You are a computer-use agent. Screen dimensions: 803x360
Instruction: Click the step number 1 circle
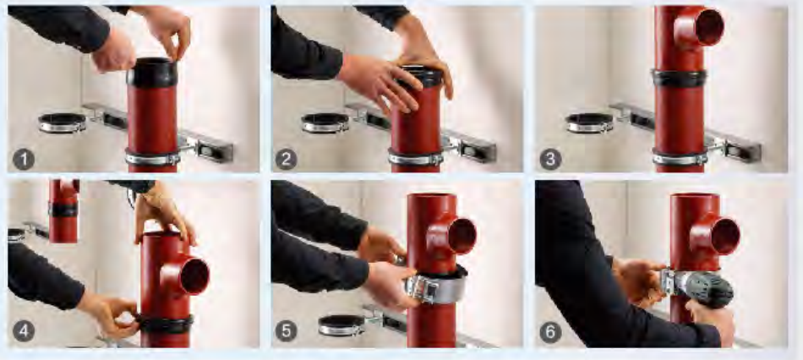[24, 159]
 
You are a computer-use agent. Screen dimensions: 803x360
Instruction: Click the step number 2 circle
[287, 159]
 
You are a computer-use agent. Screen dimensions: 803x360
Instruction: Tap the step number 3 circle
[550, 159]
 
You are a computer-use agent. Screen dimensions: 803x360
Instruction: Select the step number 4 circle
[24, 330]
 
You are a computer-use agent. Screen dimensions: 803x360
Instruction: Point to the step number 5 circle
[287, 330]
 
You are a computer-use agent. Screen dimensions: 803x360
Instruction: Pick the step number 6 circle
[550, 330]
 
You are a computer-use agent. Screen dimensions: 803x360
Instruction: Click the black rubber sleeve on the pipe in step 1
[152, 72]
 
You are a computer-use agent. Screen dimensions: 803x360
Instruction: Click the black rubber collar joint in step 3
[679, 79]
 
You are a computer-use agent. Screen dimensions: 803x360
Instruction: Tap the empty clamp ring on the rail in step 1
[62, 123]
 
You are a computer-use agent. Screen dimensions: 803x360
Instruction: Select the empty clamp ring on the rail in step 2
[325, 123]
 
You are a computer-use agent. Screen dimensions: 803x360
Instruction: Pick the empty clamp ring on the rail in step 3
[589, 123]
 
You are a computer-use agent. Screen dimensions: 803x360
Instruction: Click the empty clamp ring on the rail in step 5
[341, 325]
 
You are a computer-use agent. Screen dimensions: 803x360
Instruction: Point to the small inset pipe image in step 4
[63, 210]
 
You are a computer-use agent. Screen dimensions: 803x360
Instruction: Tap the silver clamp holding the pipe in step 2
[415, 157]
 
